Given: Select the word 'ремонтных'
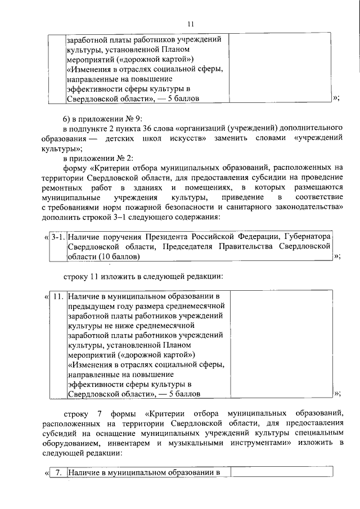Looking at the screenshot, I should point(60,187).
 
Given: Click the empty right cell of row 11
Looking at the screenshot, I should point(279,344).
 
